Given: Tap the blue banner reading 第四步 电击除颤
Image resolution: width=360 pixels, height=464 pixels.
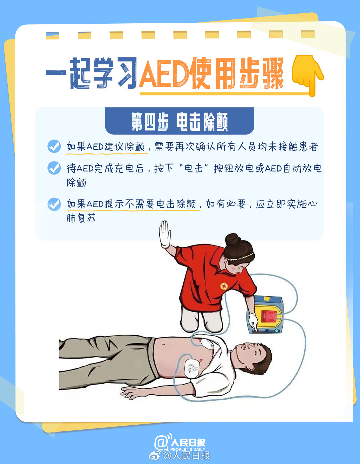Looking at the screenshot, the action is [180, 121].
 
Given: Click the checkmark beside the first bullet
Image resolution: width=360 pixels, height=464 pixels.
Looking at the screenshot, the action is [54, 146].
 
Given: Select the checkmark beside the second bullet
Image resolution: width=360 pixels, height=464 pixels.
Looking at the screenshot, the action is [54, 168].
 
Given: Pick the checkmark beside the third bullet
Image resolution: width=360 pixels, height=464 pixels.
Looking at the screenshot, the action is [54, 204].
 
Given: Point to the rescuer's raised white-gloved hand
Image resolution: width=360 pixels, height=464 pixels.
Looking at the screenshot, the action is [165, 234].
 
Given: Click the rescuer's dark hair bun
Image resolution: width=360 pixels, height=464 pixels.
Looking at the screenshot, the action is [233, 240].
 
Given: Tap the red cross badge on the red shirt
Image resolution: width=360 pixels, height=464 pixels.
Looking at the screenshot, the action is [224, 286].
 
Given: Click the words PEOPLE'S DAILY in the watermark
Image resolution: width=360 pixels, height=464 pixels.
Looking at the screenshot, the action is [188, 449].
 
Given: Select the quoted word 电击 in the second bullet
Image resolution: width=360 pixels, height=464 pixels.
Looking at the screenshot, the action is [193, 168].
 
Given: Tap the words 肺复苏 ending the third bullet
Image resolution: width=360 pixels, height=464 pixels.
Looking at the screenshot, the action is [81, 218].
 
